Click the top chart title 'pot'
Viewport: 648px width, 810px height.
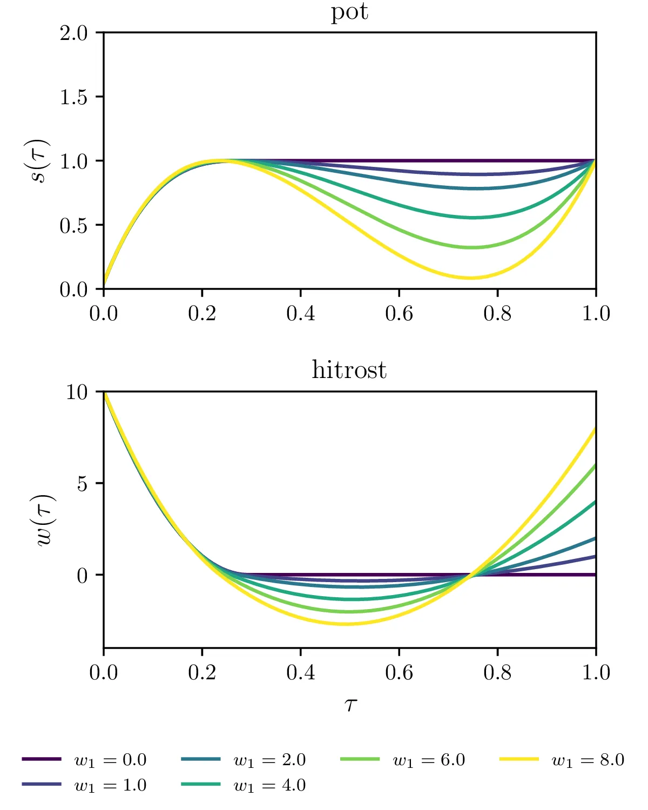pyautogui.click(x=349, y=12)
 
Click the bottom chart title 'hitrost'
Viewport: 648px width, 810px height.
pyautogui.click(x=349, y=370)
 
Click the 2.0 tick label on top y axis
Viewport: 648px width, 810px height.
pyautogui.click(x=73, y=33)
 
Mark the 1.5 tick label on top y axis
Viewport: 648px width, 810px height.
pyautogui.click(x=73, y=97)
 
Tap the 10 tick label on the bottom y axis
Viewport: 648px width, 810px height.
pyautogui.click(x=77, y=392)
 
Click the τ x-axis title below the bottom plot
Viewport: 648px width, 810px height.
pyautogui.click(x=350, y=704)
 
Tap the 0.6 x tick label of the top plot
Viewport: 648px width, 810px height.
pyautogui.click(x=399, y=314)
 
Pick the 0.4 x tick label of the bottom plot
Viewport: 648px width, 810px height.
pyautogui.click(x=301, y=673)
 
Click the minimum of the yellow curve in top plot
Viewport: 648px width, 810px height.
pyautogui.click(x=471, y=278)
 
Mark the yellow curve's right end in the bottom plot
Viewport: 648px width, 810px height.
pyautogui.click(x=596, y=429)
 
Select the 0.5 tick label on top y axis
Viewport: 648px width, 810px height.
pyautogui.click(x=73, y=226)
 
